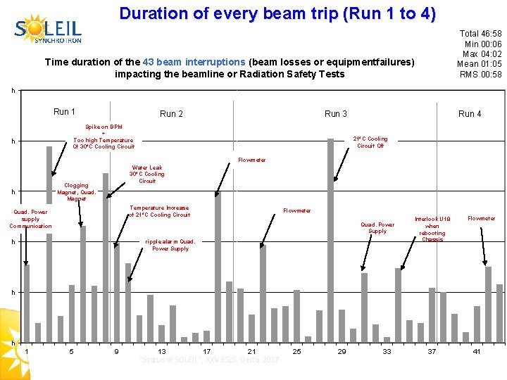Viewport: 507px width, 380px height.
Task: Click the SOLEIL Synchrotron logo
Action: coord(48,29)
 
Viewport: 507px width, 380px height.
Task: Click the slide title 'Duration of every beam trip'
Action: coord(277,13)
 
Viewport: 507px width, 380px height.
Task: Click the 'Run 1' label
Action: coord(64,112)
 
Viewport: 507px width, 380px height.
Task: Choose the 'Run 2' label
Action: coord(171,114)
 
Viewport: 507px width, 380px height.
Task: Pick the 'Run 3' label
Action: coord(335,114)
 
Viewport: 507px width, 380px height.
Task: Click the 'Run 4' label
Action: coord(470,114)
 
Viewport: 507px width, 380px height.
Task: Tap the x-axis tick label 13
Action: coord(162,351)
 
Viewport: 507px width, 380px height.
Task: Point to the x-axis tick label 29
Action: coord(342,351)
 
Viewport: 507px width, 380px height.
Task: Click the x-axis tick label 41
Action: coord(477,351)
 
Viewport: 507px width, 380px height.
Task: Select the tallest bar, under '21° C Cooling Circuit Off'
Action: coord(330,239)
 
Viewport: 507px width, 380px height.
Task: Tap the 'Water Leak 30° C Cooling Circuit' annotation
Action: coord(146,175)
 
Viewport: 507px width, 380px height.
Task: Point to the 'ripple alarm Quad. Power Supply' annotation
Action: coord(170,245)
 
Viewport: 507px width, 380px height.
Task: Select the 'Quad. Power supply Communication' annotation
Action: coord(30,218)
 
